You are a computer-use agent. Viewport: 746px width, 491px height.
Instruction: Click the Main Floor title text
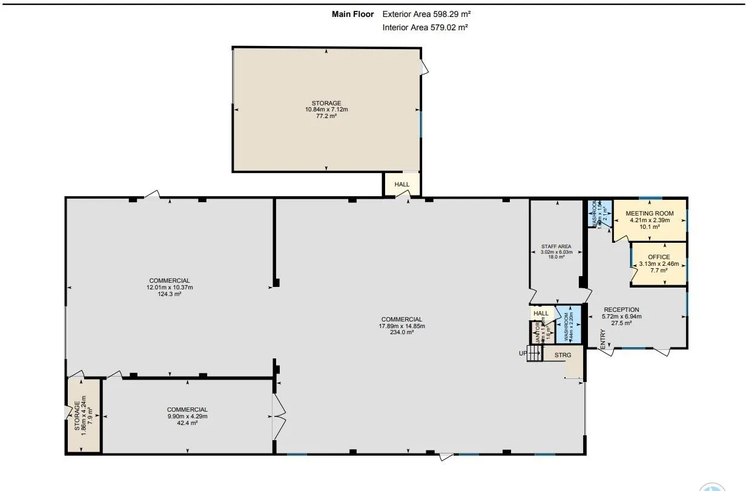[x=353, y=14]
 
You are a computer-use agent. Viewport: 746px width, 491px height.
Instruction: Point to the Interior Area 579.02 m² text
[x=425, y=27]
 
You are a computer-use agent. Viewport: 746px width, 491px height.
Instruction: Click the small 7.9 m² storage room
[x=84, y=416]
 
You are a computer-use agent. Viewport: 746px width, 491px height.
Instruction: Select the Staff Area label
[x=556, y=247]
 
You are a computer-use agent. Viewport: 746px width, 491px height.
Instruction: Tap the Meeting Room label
[x=649, y=214]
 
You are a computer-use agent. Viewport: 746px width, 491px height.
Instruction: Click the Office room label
[x=659, y=257]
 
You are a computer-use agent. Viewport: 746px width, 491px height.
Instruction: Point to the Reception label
[x=621, y=310]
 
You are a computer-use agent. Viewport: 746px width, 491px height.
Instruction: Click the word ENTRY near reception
[x=602, y=338]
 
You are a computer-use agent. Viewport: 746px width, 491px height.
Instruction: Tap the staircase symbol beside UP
[x=534, y=354]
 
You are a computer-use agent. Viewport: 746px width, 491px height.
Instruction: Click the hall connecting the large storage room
[x=401, y=184]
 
